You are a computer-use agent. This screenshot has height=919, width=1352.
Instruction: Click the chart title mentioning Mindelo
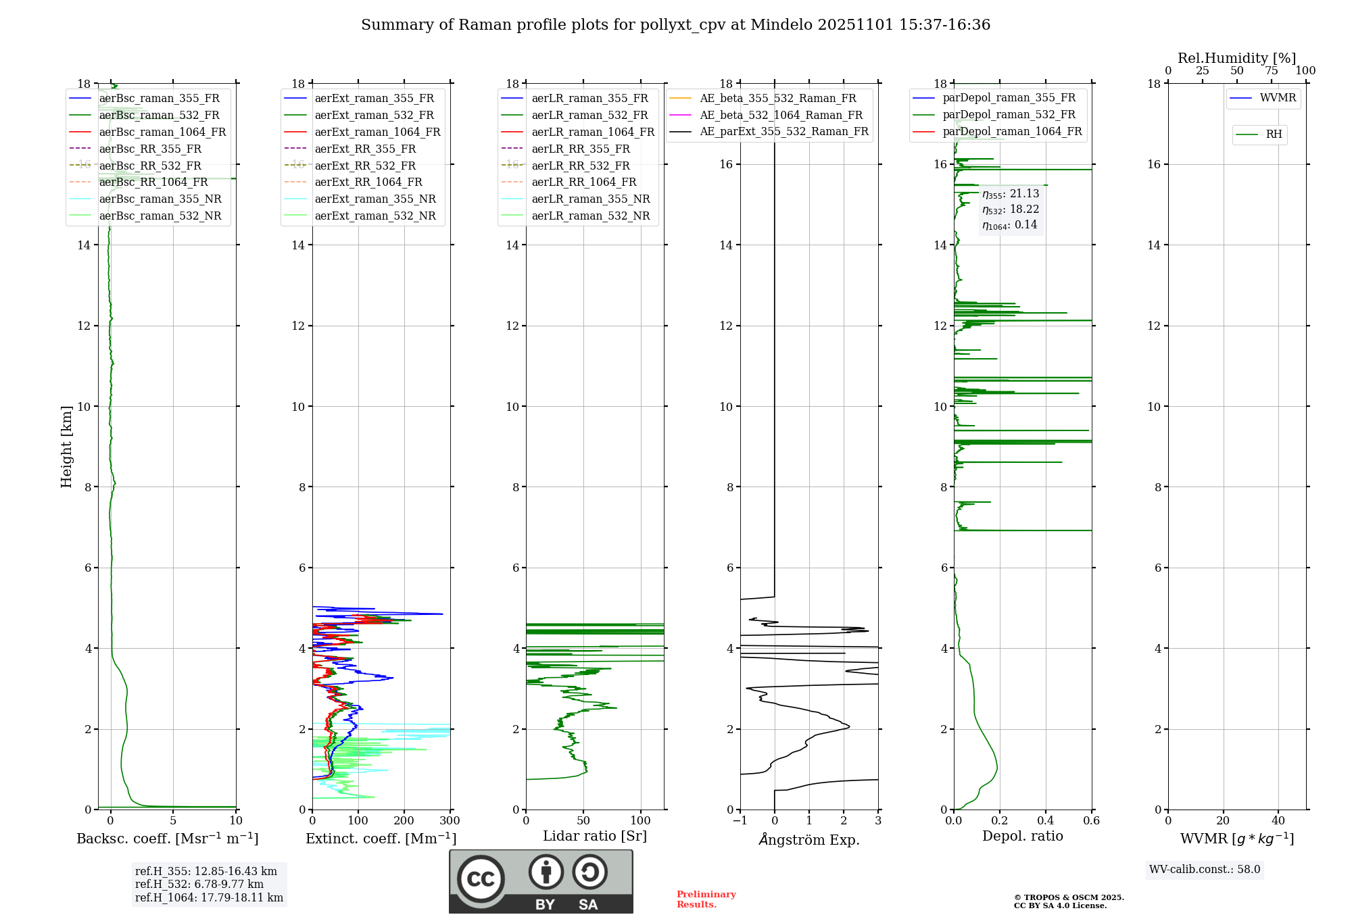coord(675,25)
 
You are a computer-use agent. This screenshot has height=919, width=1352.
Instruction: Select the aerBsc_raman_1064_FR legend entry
coord(162,132)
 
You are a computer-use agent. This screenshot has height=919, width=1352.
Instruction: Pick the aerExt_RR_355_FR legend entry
coord(365,149)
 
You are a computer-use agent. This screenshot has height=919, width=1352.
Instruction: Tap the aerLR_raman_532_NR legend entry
coord(590,216)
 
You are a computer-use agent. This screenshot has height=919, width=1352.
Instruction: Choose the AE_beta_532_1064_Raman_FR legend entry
coord(781,116)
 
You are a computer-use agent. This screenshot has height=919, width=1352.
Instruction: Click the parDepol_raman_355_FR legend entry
coord(1009,98)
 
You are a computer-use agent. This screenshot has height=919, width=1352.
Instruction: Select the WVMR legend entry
coord(1278,98)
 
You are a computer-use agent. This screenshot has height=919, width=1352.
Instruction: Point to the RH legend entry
coord(1274,134)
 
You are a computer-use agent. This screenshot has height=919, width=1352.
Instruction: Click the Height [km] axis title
coord(66,447)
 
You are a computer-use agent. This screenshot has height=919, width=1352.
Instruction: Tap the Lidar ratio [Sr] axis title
coord(595,837)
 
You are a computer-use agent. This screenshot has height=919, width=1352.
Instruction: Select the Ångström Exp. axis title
coord(809,840)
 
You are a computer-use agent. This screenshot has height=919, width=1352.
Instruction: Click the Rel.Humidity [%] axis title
coord(1236,58)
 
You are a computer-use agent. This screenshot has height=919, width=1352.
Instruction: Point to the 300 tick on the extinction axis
coord(450,821)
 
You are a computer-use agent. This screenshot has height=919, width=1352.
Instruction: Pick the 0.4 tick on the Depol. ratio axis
coord(1046,821)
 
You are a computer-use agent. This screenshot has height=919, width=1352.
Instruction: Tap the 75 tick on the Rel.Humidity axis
coord(1271,71)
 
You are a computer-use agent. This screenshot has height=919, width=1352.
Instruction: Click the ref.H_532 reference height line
coord(199,885)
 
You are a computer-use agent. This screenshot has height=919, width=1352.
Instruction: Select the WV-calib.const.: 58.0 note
coord(1205,870)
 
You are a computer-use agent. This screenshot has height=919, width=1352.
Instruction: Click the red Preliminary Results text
coord(706,899)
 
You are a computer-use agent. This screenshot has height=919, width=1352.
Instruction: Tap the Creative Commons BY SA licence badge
coord(541,882)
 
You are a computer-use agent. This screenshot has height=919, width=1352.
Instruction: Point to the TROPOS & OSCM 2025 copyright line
coord(1069,898)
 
